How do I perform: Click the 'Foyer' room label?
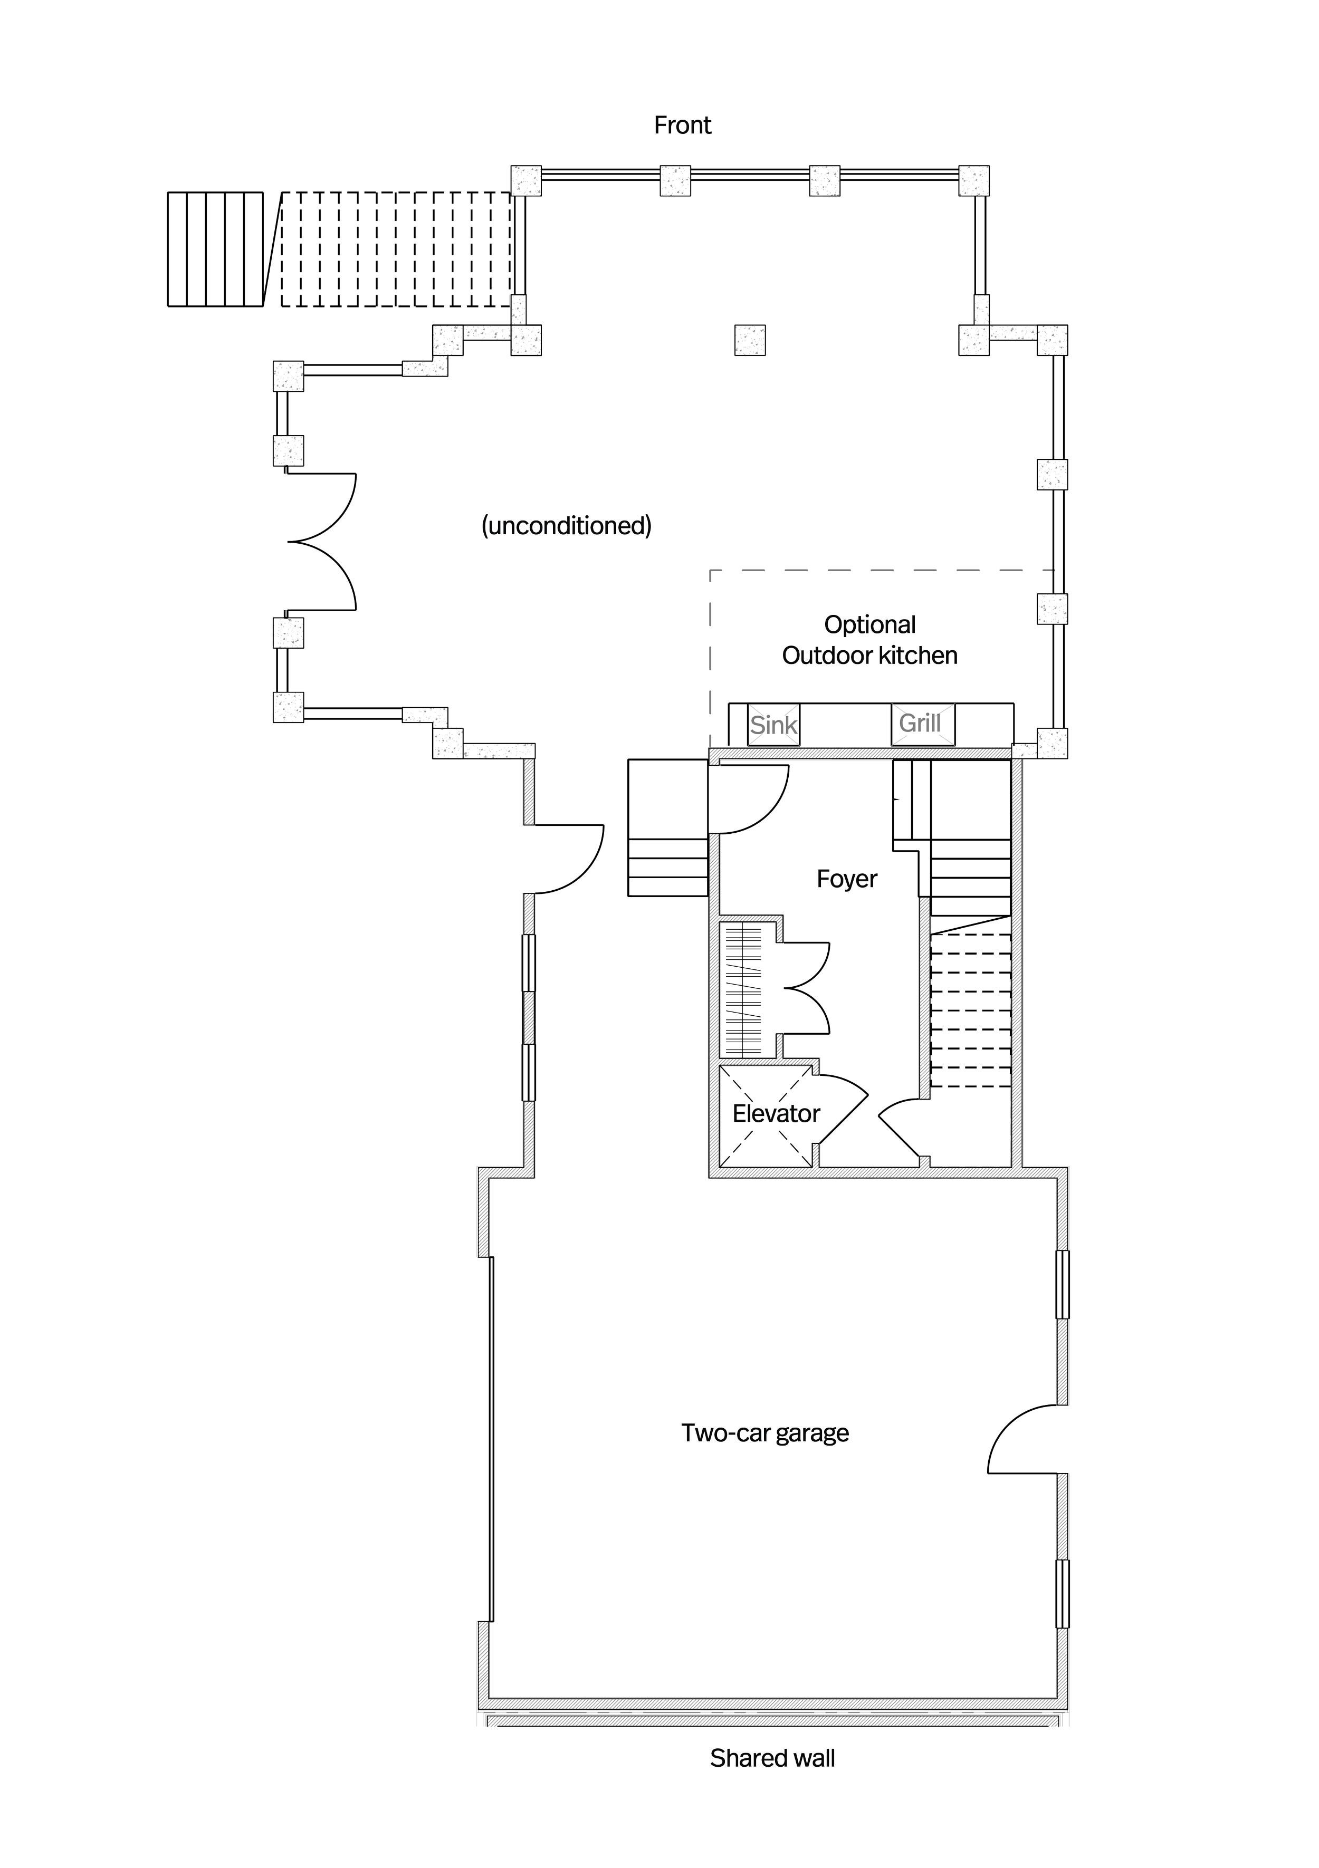click(x=846, y=879)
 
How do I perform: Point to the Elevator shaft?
click(x=766, y=1117)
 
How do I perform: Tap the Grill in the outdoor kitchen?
click(x=920, y=723)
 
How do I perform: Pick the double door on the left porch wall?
click(x=321, y=540)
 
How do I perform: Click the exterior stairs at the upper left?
click(x=342, y=249)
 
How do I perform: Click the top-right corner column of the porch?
click(x=974, y=180)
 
